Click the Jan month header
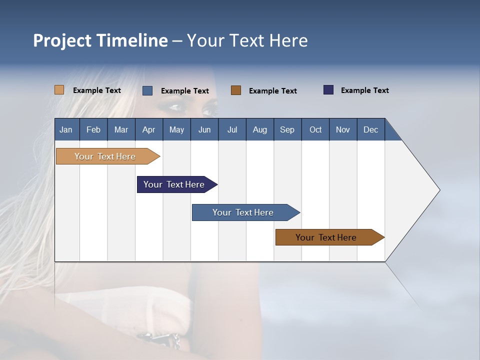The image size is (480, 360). (66, 129)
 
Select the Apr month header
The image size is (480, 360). (149, 129)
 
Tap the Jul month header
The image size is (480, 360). (232, 129)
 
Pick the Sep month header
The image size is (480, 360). (287, 129)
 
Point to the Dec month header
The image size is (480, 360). (370, 129)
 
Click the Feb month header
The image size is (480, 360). (93, 129)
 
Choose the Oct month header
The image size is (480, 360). (315, 129)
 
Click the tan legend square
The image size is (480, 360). (59, 90)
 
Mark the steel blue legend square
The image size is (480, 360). (147, 90)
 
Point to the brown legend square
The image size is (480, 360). (236, 90)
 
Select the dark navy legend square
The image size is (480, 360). (328, 90)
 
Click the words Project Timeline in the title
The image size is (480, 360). (100, 40)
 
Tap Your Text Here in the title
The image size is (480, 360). (247, 40)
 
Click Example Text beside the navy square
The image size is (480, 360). (364, 90)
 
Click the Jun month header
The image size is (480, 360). (204, 129)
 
